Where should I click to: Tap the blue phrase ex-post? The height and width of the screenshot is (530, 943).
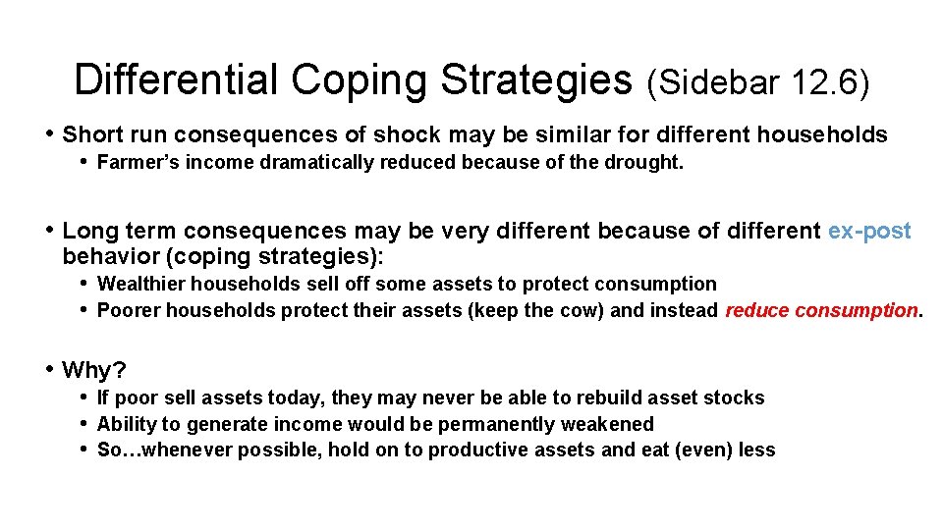869,232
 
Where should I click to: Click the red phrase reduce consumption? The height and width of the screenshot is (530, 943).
823,311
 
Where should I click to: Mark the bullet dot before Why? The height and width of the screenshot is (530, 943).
50,370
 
